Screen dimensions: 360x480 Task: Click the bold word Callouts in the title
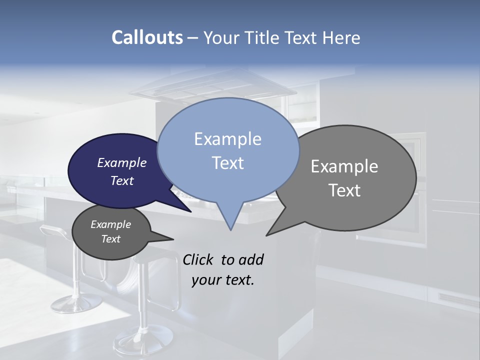click(147, 37)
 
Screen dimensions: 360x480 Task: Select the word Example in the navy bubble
click(122, 162)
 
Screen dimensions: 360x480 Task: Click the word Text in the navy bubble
click(122, 180)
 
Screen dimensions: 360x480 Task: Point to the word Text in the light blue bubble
click(227, 162)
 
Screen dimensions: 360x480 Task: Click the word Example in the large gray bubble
click(344, 166)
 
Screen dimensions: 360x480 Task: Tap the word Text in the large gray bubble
click(344, 190)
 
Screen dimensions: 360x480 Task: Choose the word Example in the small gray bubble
click(110, 224)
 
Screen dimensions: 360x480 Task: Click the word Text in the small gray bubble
click(110, 239)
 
